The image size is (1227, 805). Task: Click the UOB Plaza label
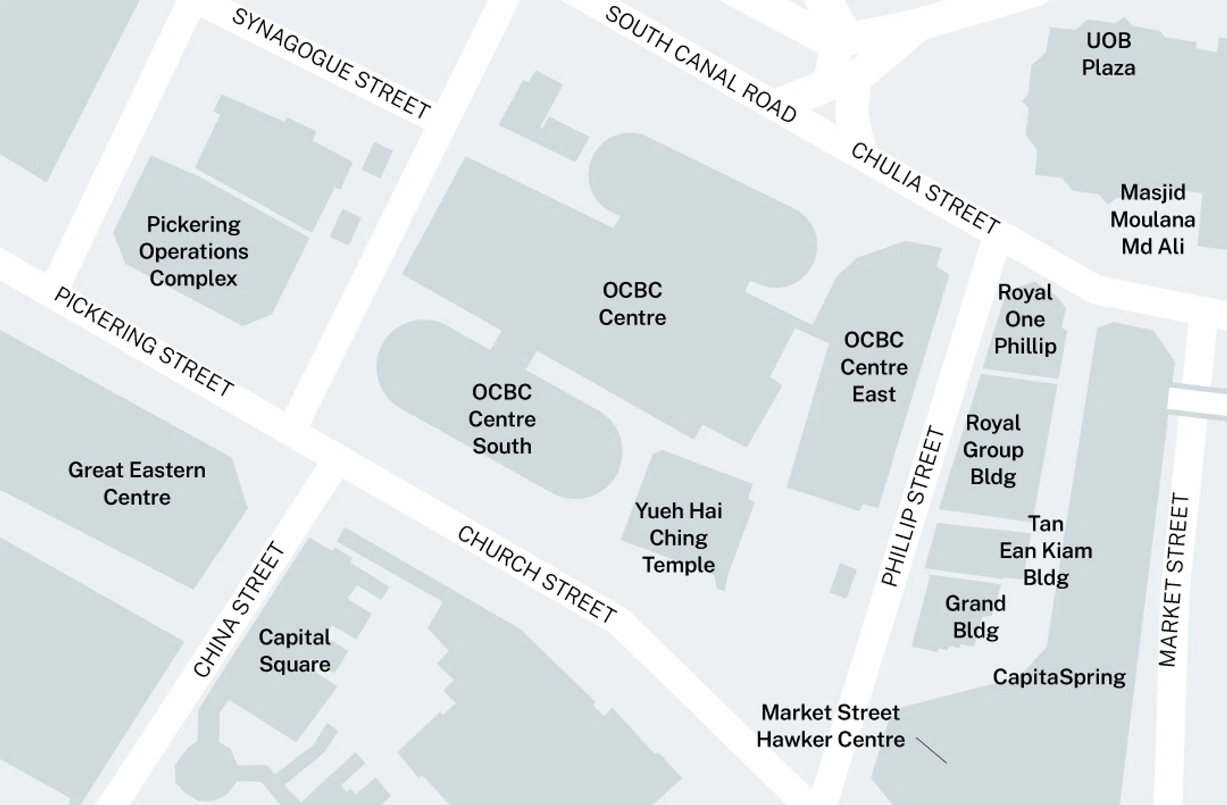point(1108,54)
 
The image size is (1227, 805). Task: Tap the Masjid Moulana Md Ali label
point(1152,219)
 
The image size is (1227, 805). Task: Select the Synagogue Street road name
point(330,64)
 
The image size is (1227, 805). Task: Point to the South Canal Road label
point(700,65)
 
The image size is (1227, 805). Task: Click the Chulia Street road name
point(925,188)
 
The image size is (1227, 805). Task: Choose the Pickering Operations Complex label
point(193,251)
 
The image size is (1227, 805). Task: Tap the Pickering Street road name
point(144,342)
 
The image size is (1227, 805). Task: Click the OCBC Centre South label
point(502,419)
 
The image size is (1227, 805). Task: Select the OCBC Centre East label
point(874,367)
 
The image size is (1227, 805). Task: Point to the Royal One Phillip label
point(1024,319)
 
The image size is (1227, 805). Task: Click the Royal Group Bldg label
point(992,450)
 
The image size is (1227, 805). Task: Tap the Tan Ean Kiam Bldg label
point(1046,551)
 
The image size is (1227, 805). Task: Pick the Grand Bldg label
point(975,617)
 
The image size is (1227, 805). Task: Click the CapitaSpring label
point(1059,677)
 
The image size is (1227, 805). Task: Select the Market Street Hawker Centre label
point(830,726)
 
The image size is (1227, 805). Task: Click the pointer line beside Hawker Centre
point(931,750)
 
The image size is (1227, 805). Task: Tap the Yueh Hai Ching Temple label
point(678,538)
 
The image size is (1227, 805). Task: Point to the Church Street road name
point(537,575)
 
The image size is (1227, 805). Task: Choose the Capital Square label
point(294,650)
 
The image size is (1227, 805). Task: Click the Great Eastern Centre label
point(137,484)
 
